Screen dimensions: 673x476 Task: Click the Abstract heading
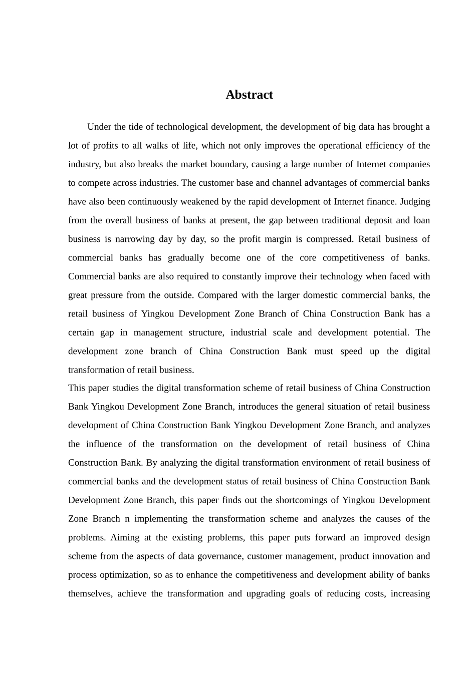coord(249,95)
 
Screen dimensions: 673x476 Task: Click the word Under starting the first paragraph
coord(99,127)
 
